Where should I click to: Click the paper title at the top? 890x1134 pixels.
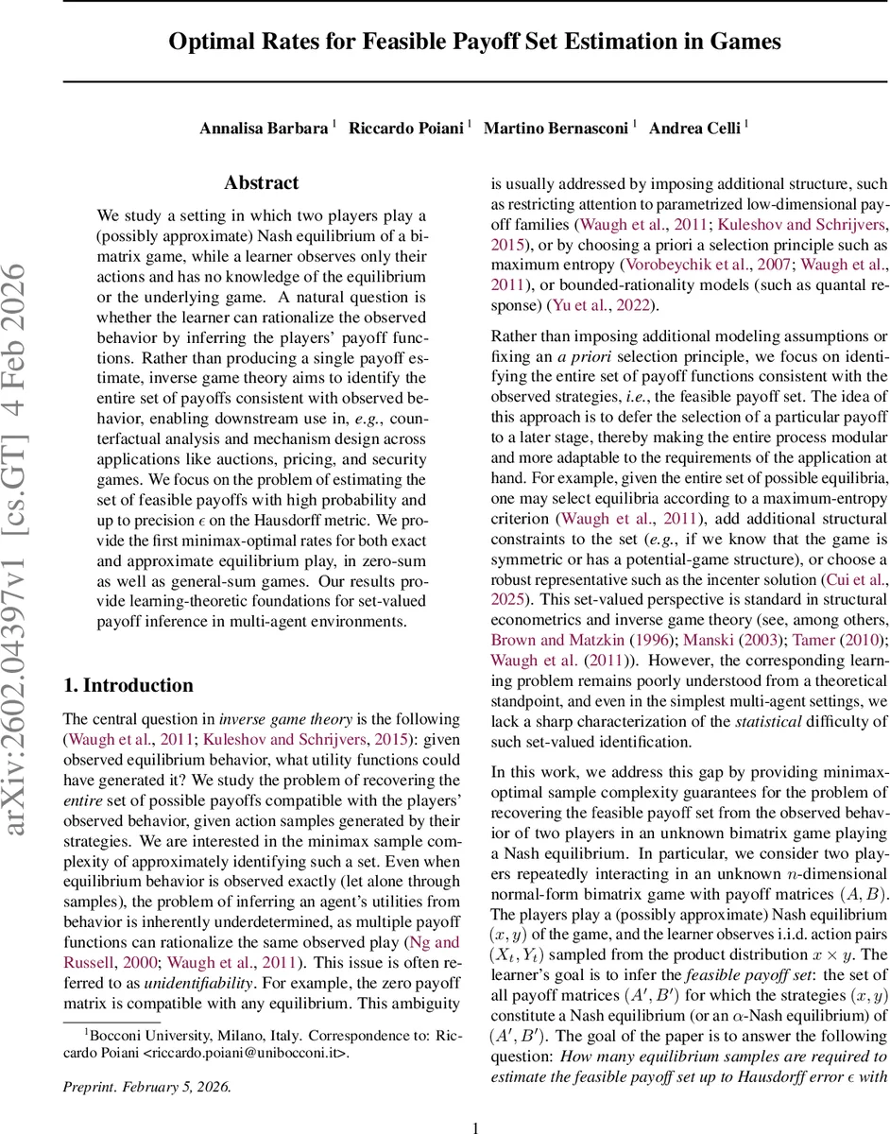click(474, 42)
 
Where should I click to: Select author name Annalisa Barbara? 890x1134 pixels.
click(264, 129)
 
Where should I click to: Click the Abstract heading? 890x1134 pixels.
click(262, 182)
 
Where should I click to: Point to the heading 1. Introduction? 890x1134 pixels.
click(128, 685)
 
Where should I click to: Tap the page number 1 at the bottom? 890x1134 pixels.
click(475, 1100)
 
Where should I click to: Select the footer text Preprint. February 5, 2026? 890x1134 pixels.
click(146, 1059)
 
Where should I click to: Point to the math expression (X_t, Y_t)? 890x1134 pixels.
click(517, 954)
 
